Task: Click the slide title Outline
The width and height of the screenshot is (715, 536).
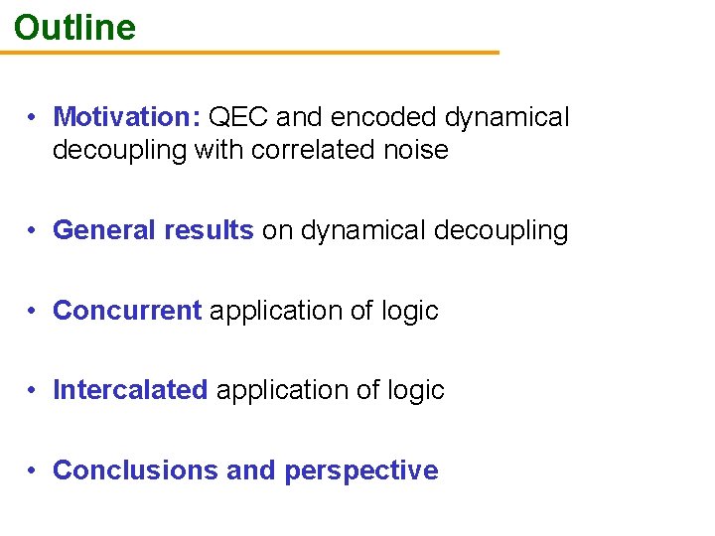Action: coord(75,27)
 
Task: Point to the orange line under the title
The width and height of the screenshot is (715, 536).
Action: coord(248,53)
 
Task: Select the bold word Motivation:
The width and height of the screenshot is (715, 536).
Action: coord(127,117)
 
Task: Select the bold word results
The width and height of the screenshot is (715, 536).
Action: coord(208,230)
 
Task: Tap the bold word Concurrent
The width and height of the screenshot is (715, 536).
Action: coord(127,311)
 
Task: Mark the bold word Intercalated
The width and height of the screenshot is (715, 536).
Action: coord(130,390)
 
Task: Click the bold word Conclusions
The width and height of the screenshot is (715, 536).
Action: coord(135,469)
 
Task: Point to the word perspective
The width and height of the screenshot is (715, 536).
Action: coord(360,470)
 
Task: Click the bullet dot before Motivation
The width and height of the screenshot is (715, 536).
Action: coord(34,118)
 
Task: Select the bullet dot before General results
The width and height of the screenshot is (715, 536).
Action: coord(34,231)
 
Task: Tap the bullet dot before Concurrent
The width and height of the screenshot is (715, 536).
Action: coord(34,311)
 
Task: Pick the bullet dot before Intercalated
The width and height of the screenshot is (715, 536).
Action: coord(34,390)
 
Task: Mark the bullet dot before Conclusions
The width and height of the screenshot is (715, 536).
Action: coord(34,470)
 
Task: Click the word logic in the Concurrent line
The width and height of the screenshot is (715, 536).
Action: coord(409,312)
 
